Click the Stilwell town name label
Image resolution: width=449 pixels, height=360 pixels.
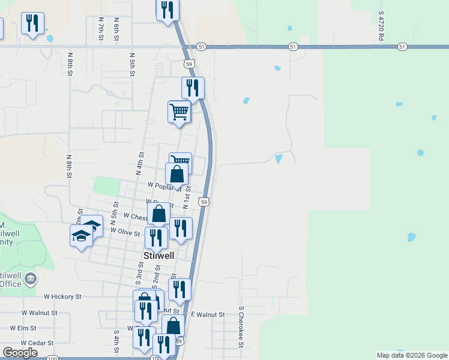159,255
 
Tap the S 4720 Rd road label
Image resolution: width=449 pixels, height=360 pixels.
381,25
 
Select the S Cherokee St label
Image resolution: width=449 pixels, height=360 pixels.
240,327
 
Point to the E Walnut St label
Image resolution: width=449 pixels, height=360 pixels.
207,314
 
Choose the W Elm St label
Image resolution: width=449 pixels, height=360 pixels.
23,328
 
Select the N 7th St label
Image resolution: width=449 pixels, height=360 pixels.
101,28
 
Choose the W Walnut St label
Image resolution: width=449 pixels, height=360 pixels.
40,313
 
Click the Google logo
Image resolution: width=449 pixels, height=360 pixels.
20,353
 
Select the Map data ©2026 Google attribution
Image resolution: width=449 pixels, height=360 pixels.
411,355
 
